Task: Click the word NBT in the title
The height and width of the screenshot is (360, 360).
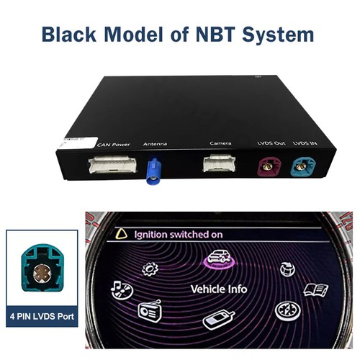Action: tap(215, 34)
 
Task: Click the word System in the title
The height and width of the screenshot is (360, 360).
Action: tap(278, 35)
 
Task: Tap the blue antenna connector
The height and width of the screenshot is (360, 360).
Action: tap(153, 171)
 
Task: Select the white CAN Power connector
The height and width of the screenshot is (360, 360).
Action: tap(112, 165)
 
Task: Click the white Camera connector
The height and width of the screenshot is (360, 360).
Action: tap(219, 163)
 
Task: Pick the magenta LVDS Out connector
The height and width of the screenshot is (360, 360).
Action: tap(269, 166)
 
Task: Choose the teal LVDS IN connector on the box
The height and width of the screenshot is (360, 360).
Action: tap(303, 166)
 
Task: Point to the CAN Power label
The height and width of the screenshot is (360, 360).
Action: tap(113, 145)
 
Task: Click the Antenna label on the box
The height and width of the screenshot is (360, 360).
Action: tap(155, 144)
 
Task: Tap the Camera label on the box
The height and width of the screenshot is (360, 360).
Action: tap(220, 143)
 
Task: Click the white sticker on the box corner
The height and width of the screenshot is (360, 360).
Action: tap(77, 143)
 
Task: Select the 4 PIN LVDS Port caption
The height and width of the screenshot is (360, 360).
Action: tap(42, 316)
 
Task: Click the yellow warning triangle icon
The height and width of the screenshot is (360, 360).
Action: tap(121, 234)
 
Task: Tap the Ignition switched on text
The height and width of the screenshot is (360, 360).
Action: tap(179, 235)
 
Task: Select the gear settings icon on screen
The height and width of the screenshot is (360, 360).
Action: tap(150, 269)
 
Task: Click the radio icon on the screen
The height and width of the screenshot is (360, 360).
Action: tap(149, 310)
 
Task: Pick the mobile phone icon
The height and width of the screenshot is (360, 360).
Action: tap(218, 320)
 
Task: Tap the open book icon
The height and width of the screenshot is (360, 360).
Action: tap(315, 290)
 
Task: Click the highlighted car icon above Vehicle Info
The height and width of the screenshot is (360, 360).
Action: tap(219, 258)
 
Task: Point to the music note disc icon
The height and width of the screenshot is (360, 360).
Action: tap(122, 289)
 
